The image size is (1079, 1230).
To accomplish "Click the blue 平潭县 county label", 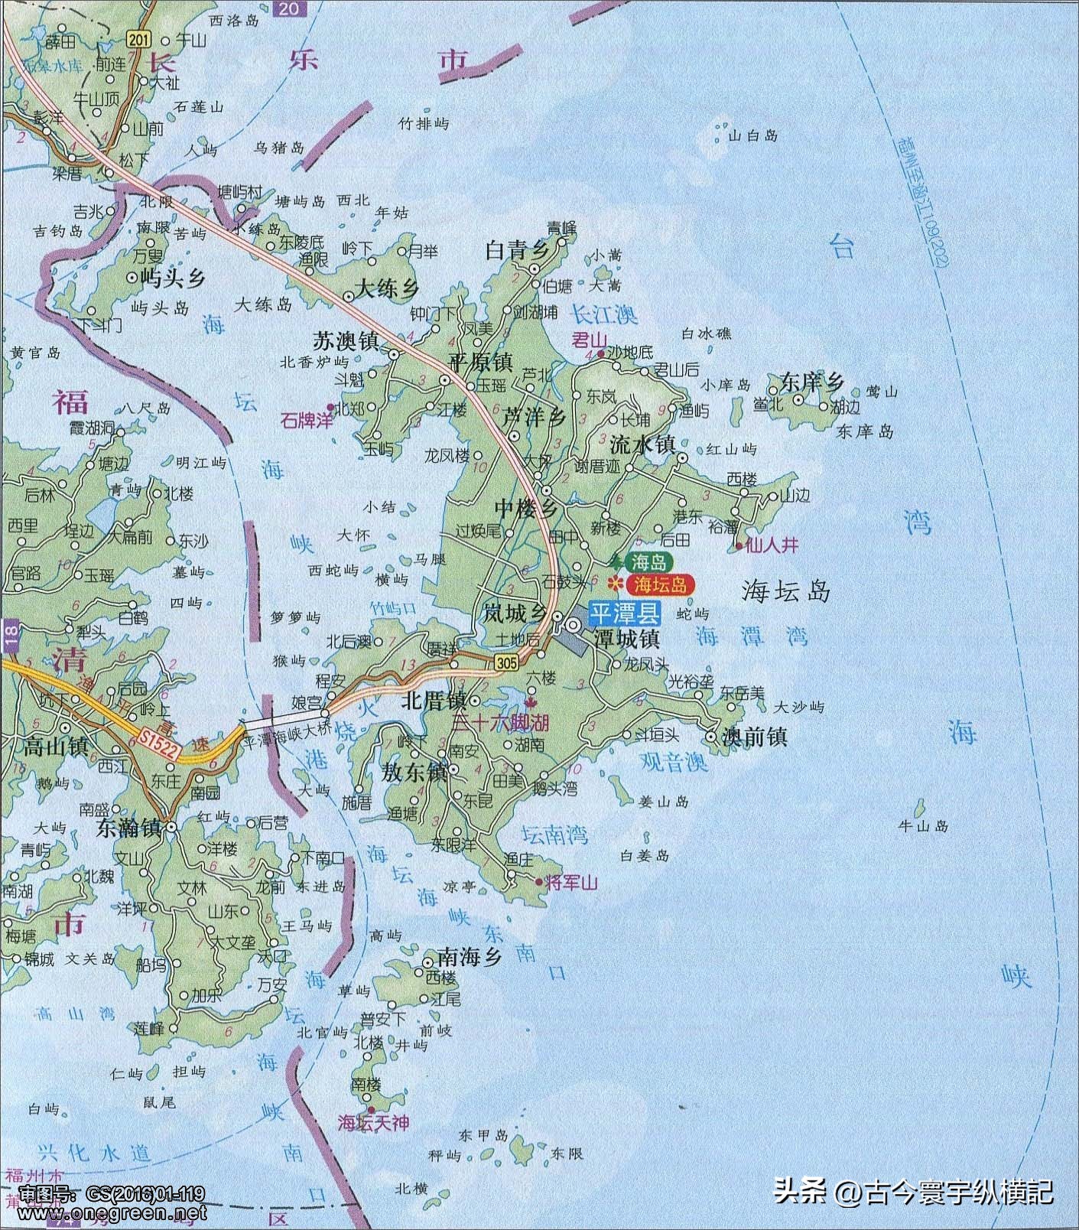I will [624, 613].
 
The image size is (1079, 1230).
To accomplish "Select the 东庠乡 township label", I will [811, 382].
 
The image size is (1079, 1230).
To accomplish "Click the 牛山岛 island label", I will [923, 826].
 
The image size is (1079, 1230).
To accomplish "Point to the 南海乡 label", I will [470, 956].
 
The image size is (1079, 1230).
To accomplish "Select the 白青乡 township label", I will [518, 250].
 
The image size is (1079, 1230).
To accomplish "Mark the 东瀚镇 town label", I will [129, 828].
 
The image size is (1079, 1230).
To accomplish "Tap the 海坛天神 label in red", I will [373, 1123].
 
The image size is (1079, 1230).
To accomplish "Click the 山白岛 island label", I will [753, 135].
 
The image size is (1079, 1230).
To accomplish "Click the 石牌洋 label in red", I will [306, 420].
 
